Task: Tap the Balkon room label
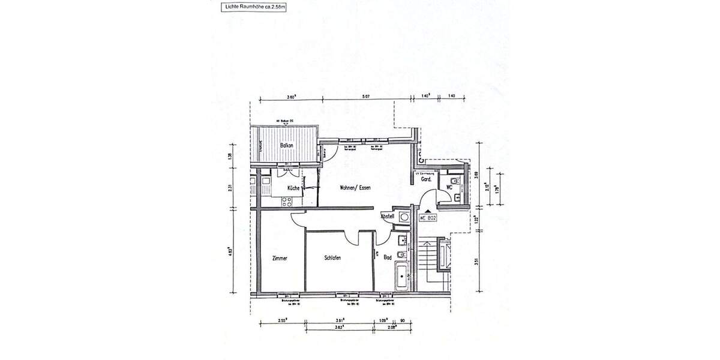(x=287, y=145)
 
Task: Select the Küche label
(x=293, y=188)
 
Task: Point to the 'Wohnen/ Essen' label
(x=355, y=188)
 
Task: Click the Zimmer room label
(x=280, y=258)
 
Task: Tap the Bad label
(x=388, y=258)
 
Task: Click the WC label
(x=448, y=187)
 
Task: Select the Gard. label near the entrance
(x=427, y=179)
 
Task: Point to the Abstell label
(x=387, y=216)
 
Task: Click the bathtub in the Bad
(x=400, y=278)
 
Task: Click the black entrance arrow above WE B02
(x=427, y=211)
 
